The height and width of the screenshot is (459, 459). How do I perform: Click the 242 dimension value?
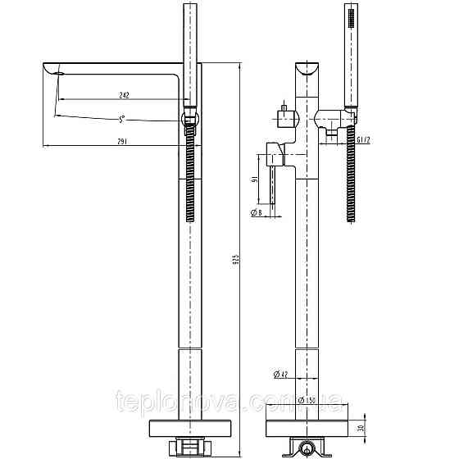click(x=125, y=95)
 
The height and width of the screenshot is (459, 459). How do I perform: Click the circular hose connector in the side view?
click(x=189, y=120)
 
